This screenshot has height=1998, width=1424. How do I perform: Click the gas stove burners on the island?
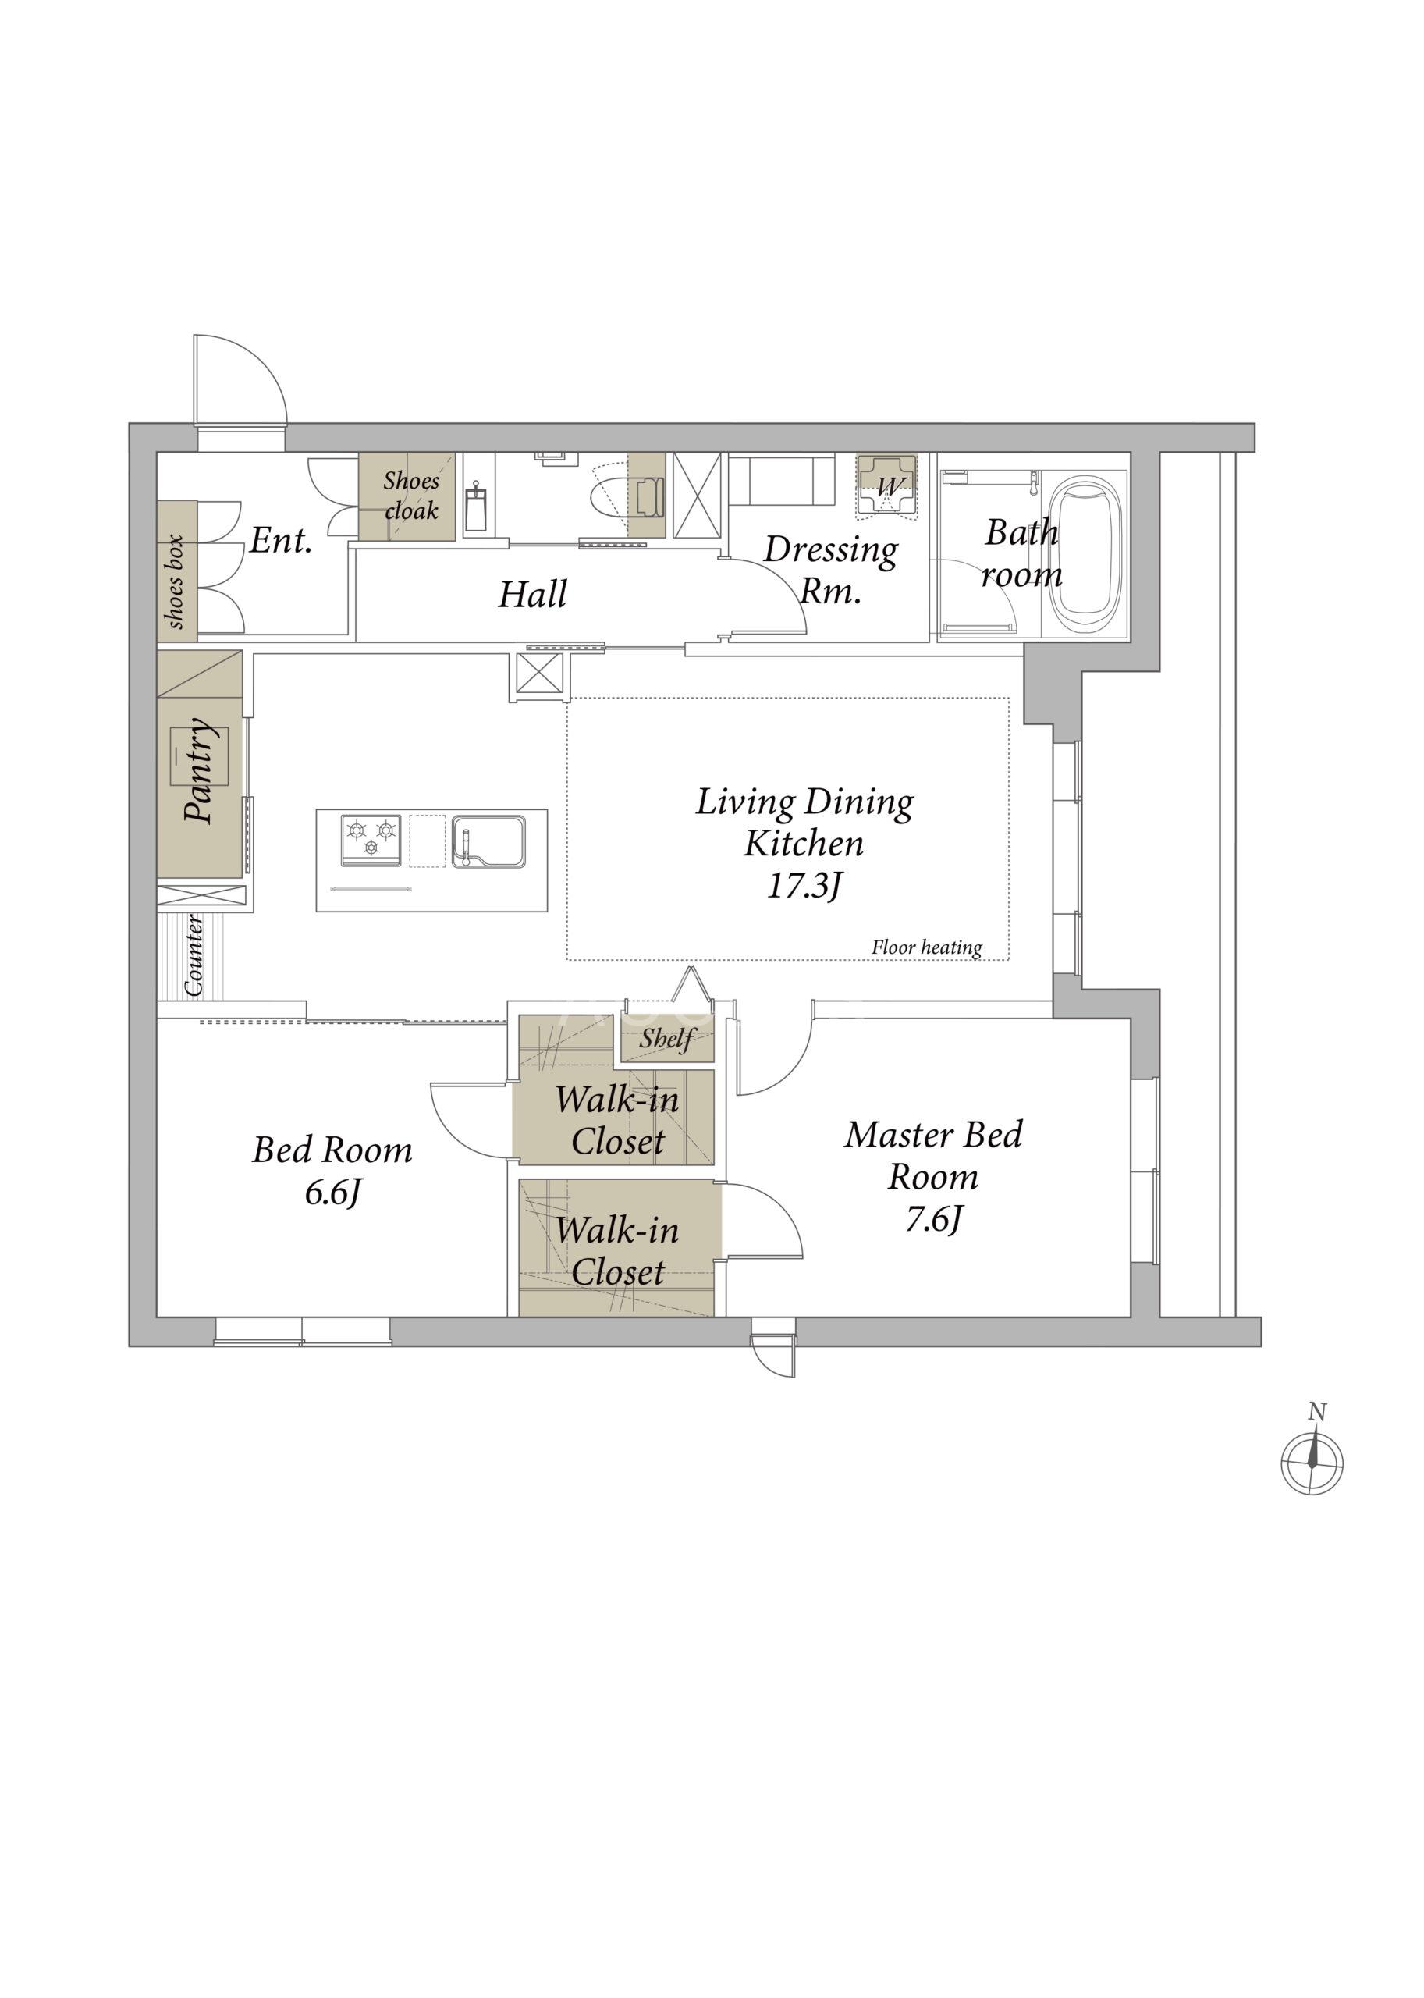tap(370, 841)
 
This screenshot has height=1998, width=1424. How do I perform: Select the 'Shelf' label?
tap(666, 1040)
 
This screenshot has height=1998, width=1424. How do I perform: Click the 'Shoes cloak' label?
tap(411, 496)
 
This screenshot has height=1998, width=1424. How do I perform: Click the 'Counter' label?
tap(194, 955)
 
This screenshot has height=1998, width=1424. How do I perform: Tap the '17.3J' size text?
tap(805, 887)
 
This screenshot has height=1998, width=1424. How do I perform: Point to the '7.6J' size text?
tap(934, 1220)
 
